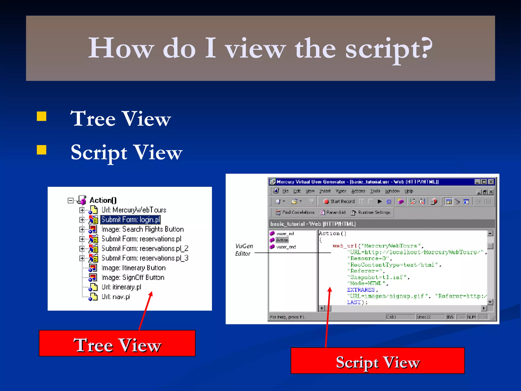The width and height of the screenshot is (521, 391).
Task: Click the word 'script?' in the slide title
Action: click(x=388, y=48)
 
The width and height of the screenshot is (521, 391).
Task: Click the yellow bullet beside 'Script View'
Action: click(x=41, y=150)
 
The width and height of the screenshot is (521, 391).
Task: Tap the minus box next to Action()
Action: click(x=70, y=201)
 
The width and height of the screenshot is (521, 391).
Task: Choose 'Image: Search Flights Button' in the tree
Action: click(x=142, y=229)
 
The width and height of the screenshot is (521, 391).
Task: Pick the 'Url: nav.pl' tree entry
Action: click(x=116, y=297)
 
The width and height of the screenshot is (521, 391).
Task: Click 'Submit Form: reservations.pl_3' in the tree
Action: click(x=145, y=258)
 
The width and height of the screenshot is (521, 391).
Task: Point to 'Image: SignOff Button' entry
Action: click(x=133, y=277)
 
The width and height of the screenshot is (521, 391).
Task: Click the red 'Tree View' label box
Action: click(x=117, y=343)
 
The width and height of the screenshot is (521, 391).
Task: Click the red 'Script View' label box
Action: click(x=378, y=361)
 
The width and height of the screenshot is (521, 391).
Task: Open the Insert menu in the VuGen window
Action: click(x=325, y=191)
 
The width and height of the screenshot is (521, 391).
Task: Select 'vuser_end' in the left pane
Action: click(x=286, y=247)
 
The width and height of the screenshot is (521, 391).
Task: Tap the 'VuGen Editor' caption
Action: click(x=243, y=250)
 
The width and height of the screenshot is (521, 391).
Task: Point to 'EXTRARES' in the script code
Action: click(x=361, y=290)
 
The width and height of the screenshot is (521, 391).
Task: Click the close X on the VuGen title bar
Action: click(x=491, y=182)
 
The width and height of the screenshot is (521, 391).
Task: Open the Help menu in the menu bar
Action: click(x=409, y=191)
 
